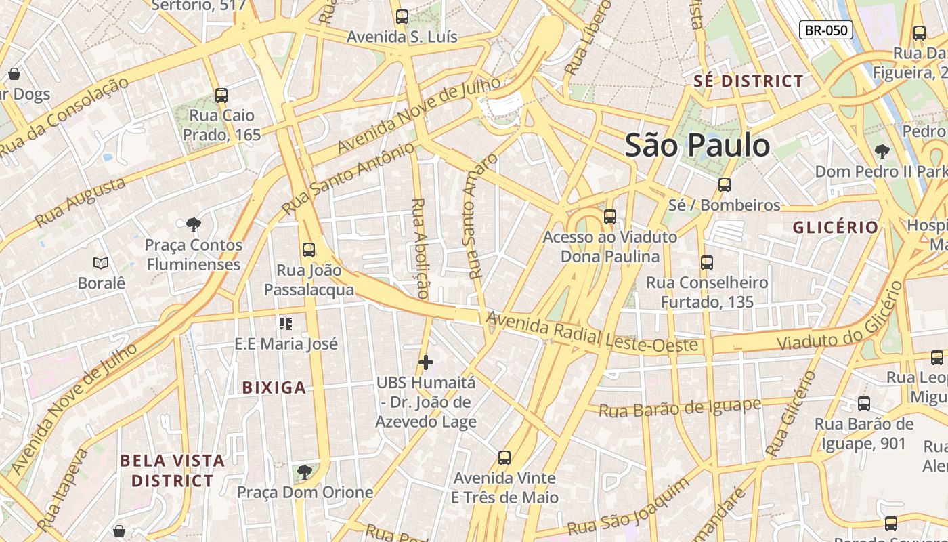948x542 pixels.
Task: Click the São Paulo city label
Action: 697,146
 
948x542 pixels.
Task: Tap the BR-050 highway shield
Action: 825,30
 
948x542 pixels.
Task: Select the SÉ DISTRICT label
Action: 748,81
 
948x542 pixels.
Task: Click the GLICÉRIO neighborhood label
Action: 836,228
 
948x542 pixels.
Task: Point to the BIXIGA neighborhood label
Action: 274,388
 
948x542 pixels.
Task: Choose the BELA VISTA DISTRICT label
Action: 172,471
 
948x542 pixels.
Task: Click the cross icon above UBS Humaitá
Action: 426,362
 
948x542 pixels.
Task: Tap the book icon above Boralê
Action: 101,263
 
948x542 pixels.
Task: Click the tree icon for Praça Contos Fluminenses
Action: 193,224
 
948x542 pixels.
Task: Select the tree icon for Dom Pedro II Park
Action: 882,151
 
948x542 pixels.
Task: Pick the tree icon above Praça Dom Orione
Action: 305,472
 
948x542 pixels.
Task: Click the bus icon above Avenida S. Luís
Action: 402,17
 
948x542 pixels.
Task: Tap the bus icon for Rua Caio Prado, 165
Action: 221,96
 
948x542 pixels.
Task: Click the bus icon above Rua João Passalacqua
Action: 309,250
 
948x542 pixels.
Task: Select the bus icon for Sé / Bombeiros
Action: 725,185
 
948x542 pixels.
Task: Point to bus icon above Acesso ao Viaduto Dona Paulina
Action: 610,217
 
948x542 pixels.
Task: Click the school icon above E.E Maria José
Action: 286,324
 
